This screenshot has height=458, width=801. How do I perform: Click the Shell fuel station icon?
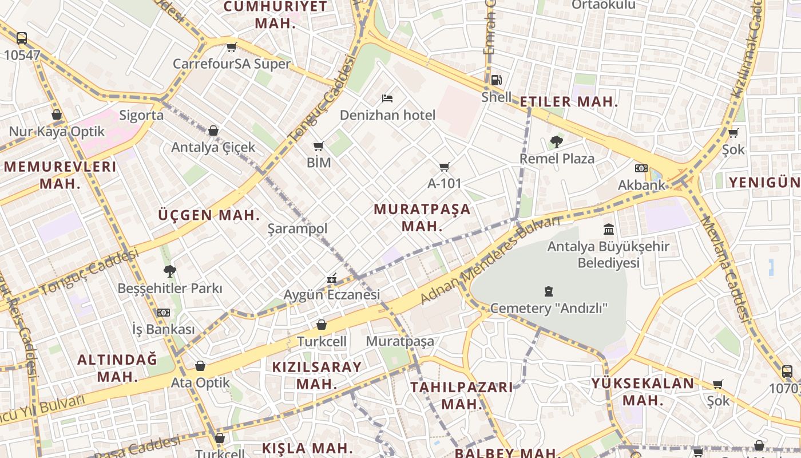(x=496, y=81)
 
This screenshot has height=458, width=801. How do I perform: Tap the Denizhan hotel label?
(x=387, y=115)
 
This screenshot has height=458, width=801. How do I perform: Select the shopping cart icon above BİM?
(x=319, y=147)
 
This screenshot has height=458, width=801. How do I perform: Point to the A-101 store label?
(x=444, y=184)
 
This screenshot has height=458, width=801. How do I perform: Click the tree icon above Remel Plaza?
(x=556, y=141)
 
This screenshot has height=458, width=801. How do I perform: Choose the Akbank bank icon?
(x=641, y=168)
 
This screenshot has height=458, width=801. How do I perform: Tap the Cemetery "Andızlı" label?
(x=549, y=308)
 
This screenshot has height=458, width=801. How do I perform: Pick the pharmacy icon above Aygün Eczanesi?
(x=332, y=279)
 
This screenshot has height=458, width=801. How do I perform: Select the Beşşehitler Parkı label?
(x=170, y=288)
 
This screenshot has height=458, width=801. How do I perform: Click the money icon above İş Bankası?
(x=164, y=313)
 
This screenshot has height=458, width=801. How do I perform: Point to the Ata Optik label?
(x=200, y=382)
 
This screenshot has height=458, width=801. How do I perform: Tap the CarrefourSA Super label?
(x=232, y=64)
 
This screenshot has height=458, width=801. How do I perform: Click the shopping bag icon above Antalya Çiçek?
(x=213, y=131)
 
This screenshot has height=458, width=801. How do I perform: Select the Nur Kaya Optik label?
(x=57, y=132)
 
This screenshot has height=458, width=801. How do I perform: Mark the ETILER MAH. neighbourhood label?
(x=569, y=102)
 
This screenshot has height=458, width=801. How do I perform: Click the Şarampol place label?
(x=298, y=229)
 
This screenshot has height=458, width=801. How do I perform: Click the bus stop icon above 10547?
(x=22, y=38)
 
